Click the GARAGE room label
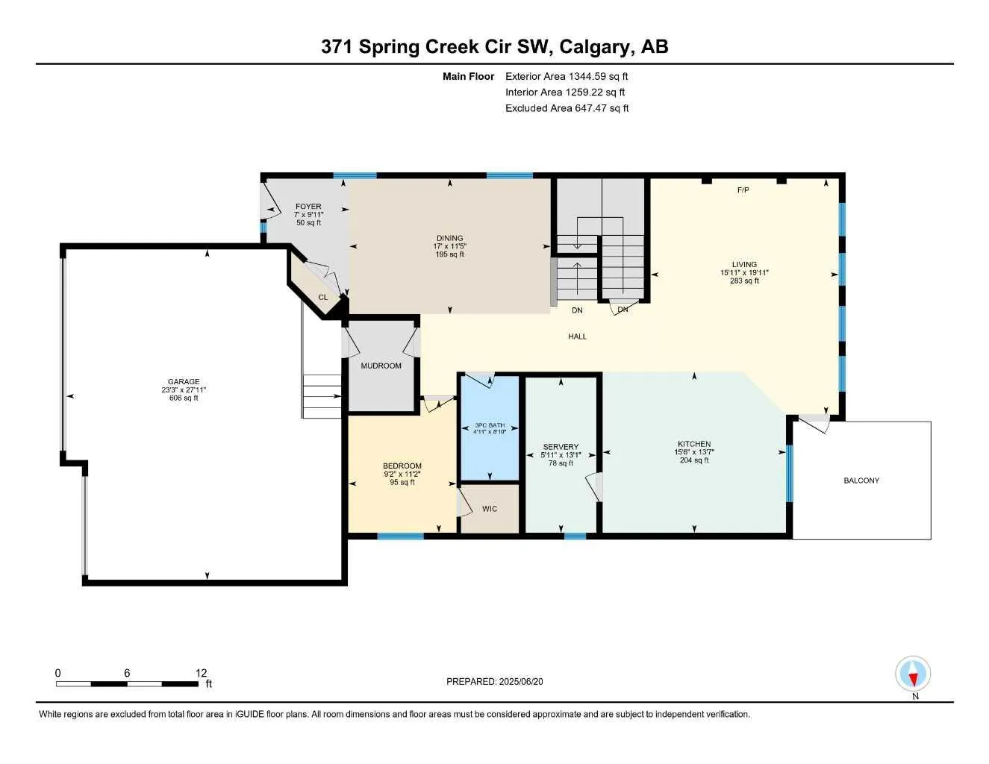pos(184,381)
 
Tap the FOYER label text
pos(308,207)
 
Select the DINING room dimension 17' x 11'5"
pos(449,246)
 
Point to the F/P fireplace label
pos(743,190)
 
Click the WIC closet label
pos(490,509)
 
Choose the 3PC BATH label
pos(490,425)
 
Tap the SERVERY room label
pos(561,447)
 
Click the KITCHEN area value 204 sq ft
pos(694,460)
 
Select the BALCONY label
pos(861,480)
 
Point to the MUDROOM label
pos(381,366)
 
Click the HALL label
pos(577,336)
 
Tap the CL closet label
pos(322,298)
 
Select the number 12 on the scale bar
pos(202,673)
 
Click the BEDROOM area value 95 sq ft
pos(402,482)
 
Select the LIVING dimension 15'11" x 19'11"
pos(744,272)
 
